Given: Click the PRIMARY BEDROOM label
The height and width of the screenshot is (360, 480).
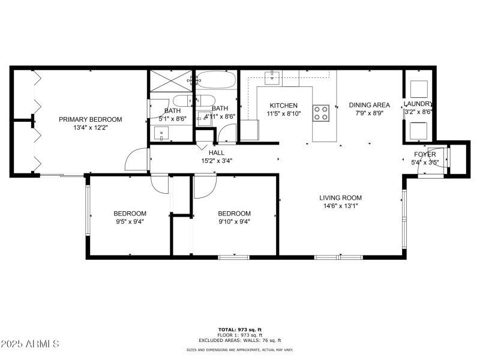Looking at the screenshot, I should pyautogui.click(x=90, y=119).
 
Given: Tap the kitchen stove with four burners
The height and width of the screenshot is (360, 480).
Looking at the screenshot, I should pyautogui.click(x=322, y=113).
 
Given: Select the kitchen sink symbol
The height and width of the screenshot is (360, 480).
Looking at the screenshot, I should pyautogui.click(x=274, y=76).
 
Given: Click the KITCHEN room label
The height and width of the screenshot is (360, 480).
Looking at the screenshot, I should pyautogui.click(x=283, y=106).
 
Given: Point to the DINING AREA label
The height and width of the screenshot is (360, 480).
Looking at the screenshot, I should pyautogui.click(x=370, y=105).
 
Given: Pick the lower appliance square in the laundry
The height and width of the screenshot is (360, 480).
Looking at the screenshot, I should pyautogui.click(x=418, y=130).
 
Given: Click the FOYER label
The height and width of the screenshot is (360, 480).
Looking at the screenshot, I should pyautogui.click(x=425, y=154).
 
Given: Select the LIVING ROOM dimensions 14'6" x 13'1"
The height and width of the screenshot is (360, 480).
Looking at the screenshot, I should pyautogui.click(x=340, y=206).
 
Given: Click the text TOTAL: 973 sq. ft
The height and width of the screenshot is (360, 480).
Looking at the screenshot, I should pyautogui.click(x=240, y=329).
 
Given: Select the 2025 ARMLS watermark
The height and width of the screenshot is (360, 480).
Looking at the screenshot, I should pyautogui.click(x=30, y=344).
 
